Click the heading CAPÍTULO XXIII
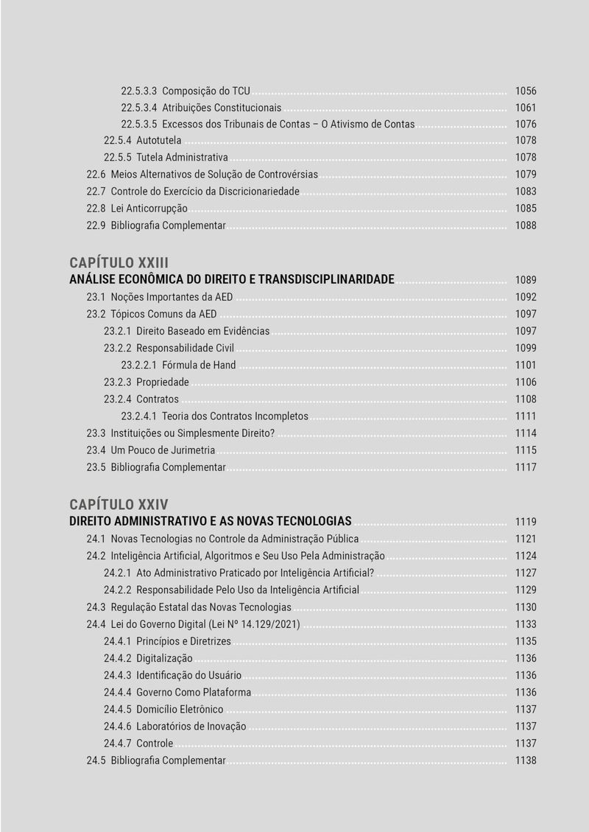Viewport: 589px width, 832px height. tap(119, 262)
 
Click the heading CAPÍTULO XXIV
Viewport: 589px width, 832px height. tap(119, 504)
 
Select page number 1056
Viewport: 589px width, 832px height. tap(526, 91)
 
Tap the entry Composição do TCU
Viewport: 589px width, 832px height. tap(206, 91)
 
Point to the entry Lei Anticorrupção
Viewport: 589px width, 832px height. tap(149, 209)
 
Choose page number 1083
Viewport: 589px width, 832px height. tap(526, 192)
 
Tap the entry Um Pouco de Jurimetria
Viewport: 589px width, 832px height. tap(163, 450)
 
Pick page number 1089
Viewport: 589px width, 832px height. tap(526, 280)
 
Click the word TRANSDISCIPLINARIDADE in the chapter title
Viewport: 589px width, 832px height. tap(326, 279)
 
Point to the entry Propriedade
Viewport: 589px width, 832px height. tap(163, 382)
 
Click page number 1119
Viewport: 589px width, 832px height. tap(526, 522)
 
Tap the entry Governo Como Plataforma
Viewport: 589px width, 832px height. tap(194, 692)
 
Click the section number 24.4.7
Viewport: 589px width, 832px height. tap(117, 743)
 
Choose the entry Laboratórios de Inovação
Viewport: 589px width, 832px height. tap(191, 726)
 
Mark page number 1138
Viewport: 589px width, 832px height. tap(526, 761)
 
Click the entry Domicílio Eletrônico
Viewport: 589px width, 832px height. tap(180, 709)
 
